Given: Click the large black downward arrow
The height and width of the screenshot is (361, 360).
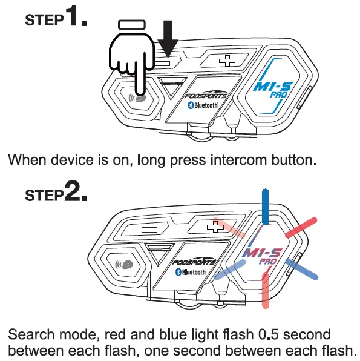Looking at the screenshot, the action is pos(168,38).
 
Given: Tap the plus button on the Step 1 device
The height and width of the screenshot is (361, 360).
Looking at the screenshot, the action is pos(227,61).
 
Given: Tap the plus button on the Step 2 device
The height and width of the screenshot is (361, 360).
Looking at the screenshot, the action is pos(215,227).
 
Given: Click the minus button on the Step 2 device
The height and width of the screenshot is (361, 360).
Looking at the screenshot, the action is pos(149,230).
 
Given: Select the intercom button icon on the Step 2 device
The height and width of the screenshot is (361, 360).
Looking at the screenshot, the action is pos(125,265).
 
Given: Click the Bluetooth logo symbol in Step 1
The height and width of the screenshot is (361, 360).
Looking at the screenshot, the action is pos(191,105).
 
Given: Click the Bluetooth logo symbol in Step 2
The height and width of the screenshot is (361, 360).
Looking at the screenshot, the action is pos(178,272).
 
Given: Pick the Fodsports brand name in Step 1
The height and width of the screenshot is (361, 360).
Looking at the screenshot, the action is pos(206,95).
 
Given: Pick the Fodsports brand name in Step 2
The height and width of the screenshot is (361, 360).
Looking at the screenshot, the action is pos(194,262).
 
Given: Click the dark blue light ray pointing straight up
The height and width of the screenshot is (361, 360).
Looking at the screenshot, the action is pos(265,207).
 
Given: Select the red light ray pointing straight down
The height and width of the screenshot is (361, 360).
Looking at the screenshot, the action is pos(265,290).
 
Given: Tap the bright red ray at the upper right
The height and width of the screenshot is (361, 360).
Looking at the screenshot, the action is pos(301,228).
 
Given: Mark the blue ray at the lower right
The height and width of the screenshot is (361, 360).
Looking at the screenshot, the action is pos(302,270).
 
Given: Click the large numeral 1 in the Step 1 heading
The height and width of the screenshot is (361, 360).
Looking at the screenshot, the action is pos(71,16).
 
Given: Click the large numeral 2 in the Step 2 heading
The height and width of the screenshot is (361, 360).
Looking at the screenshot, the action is pos(72,191).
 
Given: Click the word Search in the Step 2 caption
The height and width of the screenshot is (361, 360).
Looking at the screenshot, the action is pos(31,334).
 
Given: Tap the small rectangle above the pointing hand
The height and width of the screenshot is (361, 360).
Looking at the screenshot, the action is pos(131,25).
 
